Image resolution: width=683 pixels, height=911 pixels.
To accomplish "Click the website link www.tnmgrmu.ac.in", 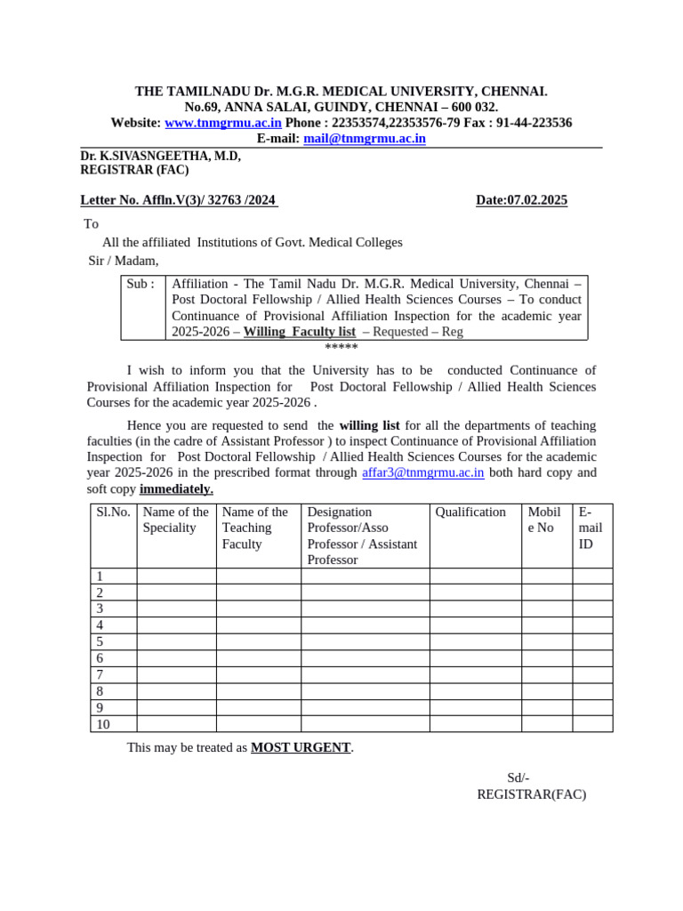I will (x=223, y=123).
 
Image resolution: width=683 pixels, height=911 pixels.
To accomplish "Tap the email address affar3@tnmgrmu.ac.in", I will (x=422, y=472).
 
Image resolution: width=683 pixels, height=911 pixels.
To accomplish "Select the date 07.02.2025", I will (x=521, y=200).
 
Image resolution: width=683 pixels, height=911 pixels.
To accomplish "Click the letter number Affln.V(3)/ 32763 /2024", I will (x=179, y=200).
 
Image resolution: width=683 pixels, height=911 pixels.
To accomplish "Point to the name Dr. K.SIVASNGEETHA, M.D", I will (x=160, y=156).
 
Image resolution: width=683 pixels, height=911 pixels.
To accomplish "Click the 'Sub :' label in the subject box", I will (x=141, y=284).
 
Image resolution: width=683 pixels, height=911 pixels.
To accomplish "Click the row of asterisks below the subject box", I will (x=341, y=347).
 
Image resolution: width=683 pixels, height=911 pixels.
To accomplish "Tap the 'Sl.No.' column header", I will (x=113, y=512).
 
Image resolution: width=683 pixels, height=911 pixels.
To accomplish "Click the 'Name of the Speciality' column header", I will (x=175, y=520).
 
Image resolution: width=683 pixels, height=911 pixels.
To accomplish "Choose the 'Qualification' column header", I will (x=470, y=512).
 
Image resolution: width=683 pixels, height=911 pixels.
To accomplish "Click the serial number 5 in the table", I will (x=100, y=642).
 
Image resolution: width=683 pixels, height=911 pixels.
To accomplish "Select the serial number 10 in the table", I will (x=103, y=724).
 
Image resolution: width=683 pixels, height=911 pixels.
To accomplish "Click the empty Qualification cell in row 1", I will (x=475, y=576).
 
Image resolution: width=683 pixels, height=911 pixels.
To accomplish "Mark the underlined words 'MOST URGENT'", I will (x=301, y=748).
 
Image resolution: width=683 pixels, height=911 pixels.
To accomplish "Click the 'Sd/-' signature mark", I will (x=518, y=778).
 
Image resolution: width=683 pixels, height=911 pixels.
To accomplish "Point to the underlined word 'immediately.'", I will (x=176, y=489).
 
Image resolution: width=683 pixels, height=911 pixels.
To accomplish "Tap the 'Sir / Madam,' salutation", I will (x=123, y=261).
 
